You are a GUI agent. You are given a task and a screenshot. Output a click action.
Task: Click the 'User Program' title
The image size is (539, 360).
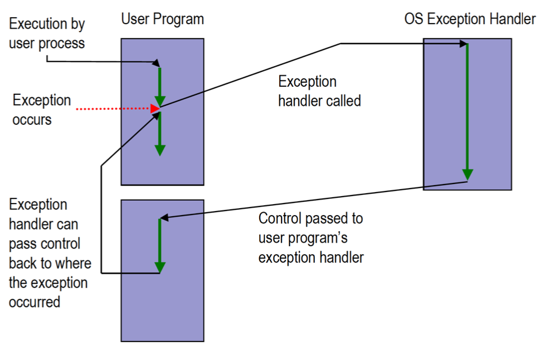click(x=162, y=19)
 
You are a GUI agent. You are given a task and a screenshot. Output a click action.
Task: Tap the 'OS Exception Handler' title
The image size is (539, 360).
click(x=469, y=19)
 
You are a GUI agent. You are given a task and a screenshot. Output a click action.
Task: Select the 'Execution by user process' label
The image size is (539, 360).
click(x=47, y=33)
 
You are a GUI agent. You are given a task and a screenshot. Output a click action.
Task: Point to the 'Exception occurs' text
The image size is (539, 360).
click(x=41, y=110)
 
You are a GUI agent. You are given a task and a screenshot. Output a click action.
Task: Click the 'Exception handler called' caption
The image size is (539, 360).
click(x=319, y=91)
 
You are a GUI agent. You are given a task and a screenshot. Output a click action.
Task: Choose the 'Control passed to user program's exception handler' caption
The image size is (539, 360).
click(x=311, y=238)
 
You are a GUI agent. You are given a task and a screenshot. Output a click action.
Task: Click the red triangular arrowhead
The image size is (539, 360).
click(x=155, y=108)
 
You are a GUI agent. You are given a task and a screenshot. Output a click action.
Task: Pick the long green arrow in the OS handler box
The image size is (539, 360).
click(x=468, y=109)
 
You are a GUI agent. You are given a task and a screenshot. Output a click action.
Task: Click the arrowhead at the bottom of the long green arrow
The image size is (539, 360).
click(x=468, y=174)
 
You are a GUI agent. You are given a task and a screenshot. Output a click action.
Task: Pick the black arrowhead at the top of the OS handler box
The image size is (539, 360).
click(x=465, y=44)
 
